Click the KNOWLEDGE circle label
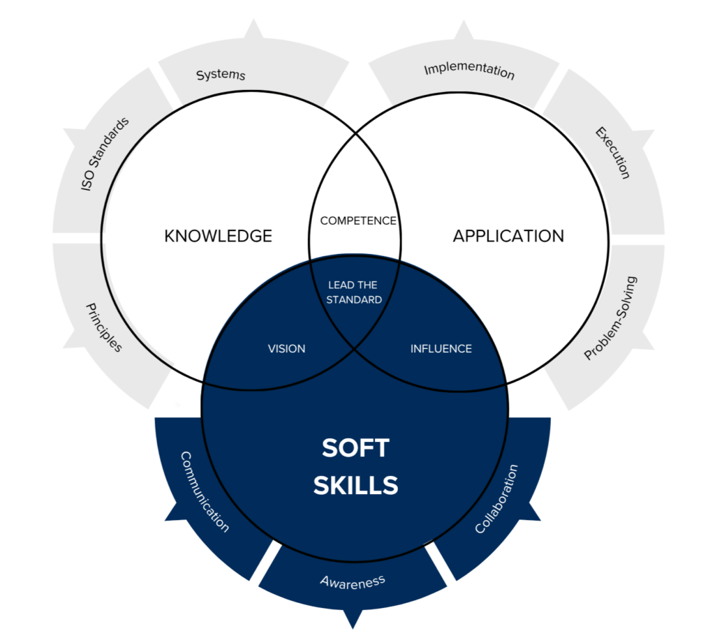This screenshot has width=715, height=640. [218, 236]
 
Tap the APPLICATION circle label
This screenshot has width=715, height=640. [508, 236]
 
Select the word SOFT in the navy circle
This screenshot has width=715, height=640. [355, 448]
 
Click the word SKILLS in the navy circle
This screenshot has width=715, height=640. [355, 485]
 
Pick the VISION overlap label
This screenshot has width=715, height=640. [287, 348]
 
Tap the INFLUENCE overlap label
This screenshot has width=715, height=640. [441, 348]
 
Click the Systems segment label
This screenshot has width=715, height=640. [221, 75]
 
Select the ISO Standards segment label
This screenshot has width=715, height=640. [105, 155]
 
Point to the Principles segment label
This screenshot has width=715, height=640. [104, 327]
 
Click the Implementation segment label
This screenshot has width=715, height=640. [469, 71]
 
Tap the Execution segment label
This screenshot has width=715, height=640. [613, 152]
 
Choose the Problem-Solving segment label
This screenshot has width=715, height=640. [611, 318]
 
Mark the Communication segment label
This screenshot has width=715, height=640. [205, 491]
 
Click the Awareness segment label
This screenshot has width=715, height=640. [353, 581]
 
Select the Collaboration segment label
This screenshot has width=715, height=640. [497, 498]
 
